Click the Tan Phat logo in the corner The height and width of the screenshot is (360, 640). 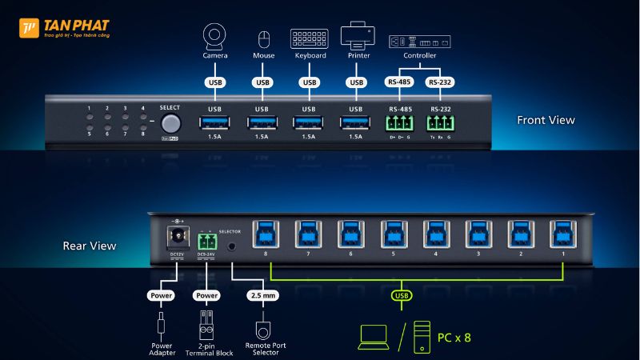click(x=30, y=29)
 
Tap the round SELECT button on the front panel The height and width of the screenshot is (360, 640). click(x=170, y=123)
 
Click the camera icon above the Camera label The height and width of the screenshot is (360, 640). click(x=215, y=37)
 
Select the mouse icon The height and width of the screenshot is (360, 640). click(x=263, y=38)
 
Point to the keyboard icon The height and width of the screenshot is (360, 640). click(x=309, y=38)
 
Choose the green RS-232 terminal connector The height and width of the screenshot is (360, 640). click(x=439, y=123)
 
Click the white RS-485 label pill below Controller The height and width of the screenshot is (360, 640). click(x=398, y=82)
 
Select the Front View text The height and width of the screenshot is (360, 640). click(x=546, y=120)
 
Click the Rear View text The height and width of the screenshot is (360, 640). click(x=89, y=246)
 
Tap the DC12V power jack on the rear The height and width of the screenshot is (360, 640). click(x=176, y=238)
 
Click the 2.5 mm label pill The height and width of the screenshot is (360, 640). click(x=262, y=295)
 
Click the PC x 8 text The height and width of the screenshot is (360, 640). click(x=454, y=337)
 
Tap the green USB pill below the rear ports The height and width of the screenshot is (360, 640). click(x=402, y=296)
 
